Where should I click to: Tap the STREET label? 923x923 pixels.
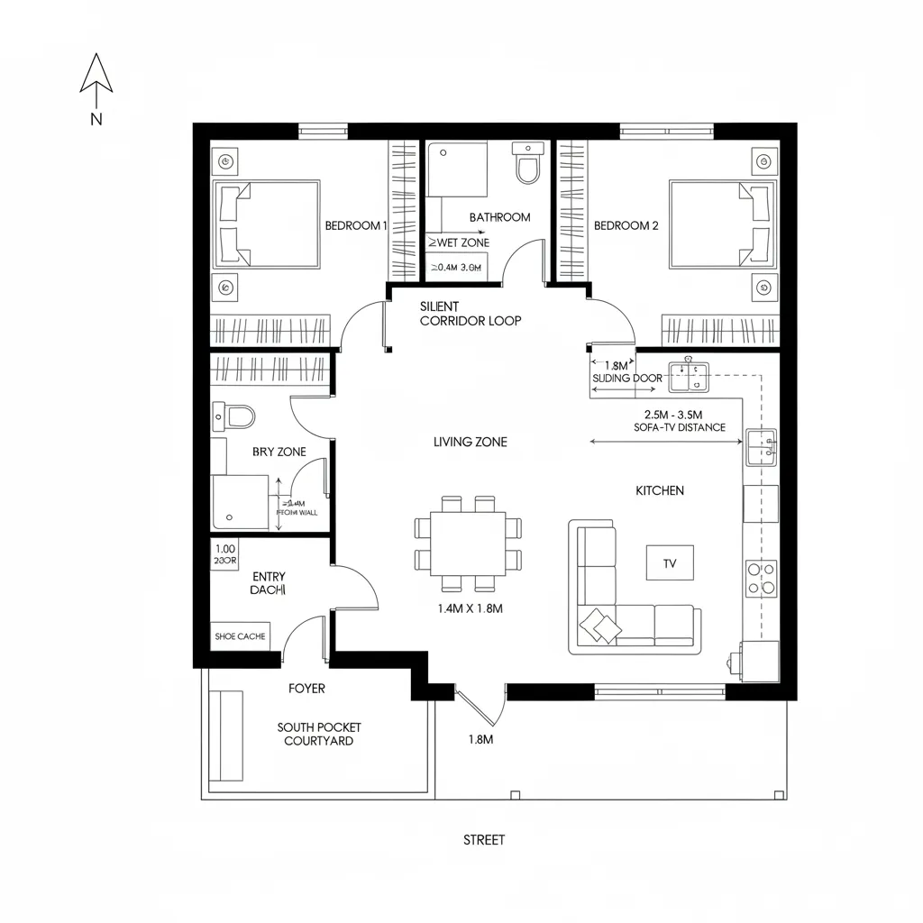click(x=484, y=840)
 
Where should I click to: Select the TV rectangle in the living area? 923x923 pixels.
click(x=670, y=563)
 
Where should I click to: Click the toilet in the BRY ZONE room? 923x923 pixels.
click(x=236, y=416)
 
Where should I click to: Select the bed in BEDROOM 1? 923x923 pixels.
click(x=266, y=224)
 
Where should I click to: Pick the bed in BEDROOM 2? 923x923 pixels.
click(x=722, y=224)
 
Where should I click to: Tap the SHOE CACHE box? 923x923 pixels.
click(x=240, y=636)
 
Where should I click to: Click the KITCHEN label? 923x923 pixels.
click(x=660, y=491)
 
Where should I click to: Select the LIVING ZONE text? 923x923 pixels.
click(x=470, y=442)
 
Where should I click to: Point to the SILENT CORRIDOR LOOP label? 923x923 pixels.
click(x=471, y=314)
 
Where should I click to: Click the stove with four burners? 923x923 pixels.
click(x=762, y=578)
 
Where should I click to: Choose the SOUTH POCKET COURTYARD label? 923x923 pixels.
click(x=319, y=734)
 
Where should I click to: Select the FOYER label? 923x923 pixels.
click(x=306, y=689)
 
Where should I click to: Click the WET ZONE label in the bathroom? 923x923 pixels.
click(x=458, y=243)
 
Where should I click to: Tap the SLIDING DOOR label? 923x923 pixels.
click(x=626, y=379)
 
